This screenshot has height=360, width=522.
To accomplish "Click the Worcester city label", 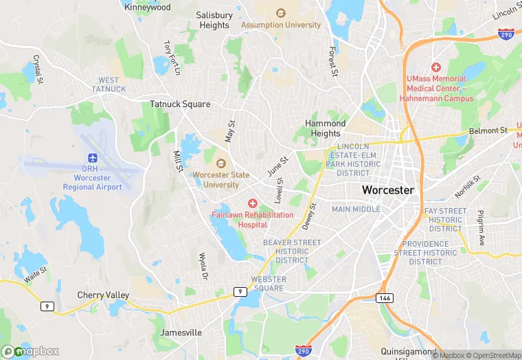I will (387, 190).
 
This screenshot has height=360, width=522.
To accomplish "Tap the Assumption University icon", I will (280, 13).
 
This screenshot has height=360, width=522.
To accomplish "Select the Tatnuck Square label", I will (180, 104).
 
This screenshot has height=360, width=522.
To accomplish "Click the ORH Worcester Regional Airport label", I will (92, 178).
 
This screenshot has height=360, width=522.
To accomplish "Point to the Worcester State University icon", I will (220, 163).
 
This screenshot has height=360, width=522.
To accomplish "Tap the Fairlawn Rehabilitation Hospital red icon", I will (252, 203).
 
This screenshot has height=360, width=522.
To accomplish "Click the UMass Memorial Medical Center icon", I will (435, 67).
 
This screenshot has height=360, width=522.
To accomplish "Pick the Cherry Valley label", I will (103, 295).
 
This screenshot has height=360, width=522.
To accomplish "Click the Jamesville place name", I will (181, 333).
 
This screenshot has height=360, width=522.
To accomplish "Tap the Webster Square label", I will (267, 284).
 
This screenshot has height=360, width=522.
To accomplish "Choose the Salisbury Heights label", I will (214, 20).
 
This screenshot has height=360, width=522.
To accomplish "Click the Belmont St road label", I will (488, 130).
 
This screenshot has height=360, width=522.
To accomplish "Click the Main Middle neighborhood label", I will (356, 209).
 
